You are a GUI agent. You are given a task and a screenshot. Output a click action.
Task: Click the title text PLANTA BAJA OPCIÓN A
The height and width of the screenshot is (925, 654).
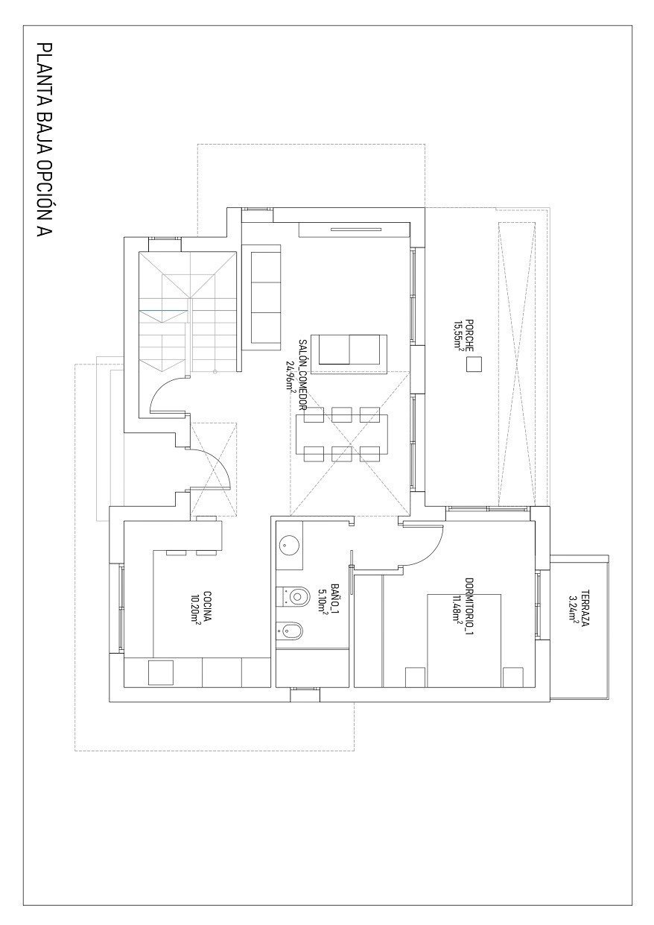45,142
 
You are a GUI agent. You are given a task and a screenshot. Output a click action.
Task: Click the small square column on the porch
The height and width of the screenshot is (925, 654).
473,364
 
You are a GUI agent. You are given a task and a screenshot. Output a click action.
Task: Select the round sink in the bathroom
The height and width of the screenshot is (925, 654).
288,545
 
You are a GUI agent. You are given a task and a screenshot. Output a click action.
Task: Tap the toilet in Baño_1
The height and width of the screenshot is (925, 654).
295,596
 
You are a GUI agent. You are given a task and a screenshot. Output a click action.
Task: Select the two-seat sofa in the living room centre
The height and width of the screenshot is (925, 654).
349,350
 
